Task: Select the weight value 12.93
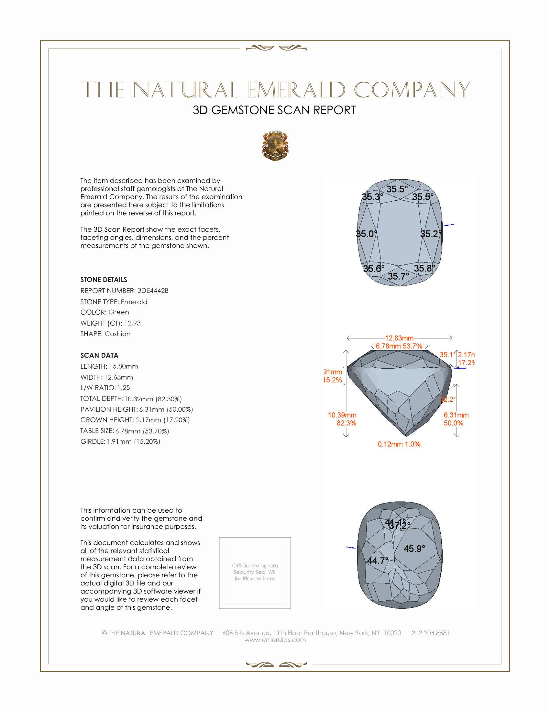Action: point(132,323)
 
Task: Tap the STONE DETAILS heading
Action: point(104,280)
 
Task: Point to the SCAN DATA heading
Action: point(99,355)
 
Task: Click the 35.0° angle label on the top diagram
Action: point(366,234)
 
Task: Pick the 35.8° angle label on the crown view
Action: point(424,268)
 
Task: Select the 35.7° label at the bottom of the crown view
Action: point(398,276)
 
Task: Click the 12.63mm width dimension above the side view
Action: point(399,338)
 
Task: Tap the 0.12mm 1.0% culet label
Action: point(399,444)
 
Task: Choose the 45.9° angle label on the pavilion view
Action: point(414,549)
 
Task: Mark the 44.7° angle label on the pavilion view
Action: point(378,561)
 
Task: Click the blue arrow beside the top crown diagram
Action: point(449,225)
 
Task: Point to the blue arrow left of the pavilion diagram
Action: point(351,548)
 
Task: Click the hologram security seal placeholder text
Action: point(255,572)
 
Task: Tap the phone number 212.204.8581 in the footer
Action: point(430,633)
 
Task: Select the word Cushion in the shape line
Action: point(118,334)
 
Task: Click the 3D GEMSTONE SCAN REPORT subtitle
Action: point(274,110)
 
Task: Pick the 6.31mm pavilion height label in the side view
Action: point(456,415)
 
